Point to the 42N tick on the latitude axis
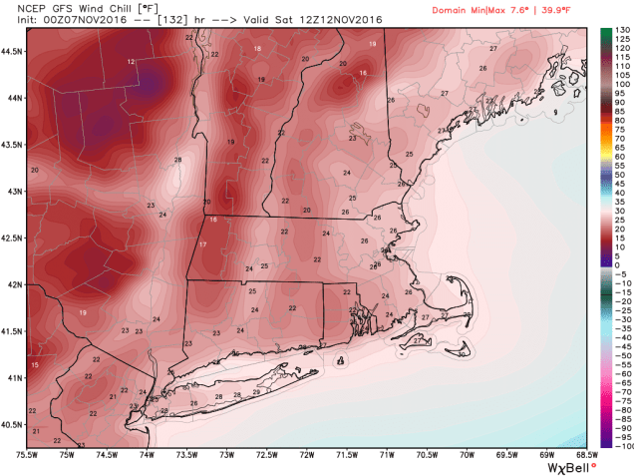[x=13, y=284]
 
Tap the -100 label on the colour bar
[x=619, y=448]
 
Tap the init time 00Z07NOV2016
[x=91, y=20]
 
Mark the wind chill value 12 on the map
[x=132, y=62]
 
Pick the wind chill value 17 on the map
[x=202, y=244]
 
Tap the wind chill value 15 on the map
[x=35, y=367]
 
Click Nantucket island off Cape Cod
[x=463, y=350]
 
